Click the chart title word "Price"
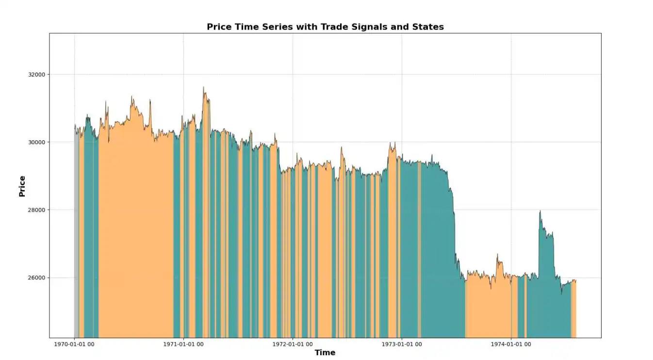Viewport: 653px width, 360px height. pyautogui.click(x=219, y=27)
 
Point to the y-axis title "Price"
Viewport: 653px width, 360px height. pyautogui.click(x=22, y=186)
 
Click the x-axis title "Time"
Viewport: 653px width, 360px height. pyautogui.click(x=325, y=353)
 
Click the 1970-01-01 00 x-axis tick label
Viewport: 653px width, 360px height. pyautogui.click(x=74, y=344)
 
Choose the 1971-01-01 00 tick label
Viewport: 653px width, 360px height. pyautogui.click(x=183, y=344)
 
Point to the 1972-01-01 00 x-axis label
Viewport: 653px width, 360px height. pyautogui.click(x=293, y=344)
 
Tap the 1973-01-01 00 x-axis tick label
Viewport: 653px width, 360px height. pyautogui.click(x=402, y=344)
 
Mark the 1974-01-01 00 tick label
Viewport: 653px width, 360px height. pyautogui.click(x=511, y=344)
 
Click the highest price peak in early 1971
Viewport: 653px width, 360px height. pyautogui.click(x=204, y=88)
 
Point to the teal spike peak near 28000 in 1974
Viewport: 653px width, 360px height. pyautogui.click(x=540, y=212)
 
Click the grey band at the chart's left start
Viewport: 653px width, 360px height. pyautogui.click(x=76, y=233)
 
